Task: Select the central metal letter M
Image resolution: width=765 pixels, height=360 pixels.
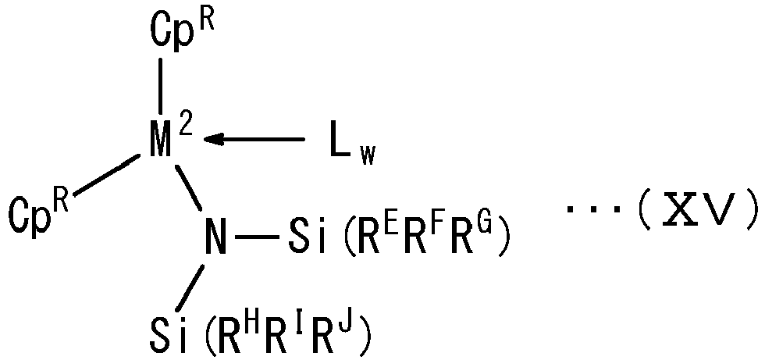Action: tap(161, 140)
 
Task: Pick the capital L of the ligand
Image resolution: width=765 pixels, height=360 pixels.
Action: tap(340, 140)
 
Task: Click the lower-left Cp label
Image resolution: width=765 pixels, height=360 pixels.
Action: tap(30, 214)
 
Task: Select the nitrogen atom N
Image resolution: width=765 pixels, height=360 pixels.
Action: tap(215, 236)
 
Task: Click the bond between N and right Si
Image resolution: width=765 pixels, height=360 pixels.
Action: tap(258, 237)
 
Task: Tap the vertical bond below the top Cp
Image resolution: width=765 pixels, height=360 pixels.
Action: tap(160, 86)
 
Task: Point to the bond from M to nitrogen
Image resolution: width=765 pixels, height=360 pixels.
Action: tap(189, 187)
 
